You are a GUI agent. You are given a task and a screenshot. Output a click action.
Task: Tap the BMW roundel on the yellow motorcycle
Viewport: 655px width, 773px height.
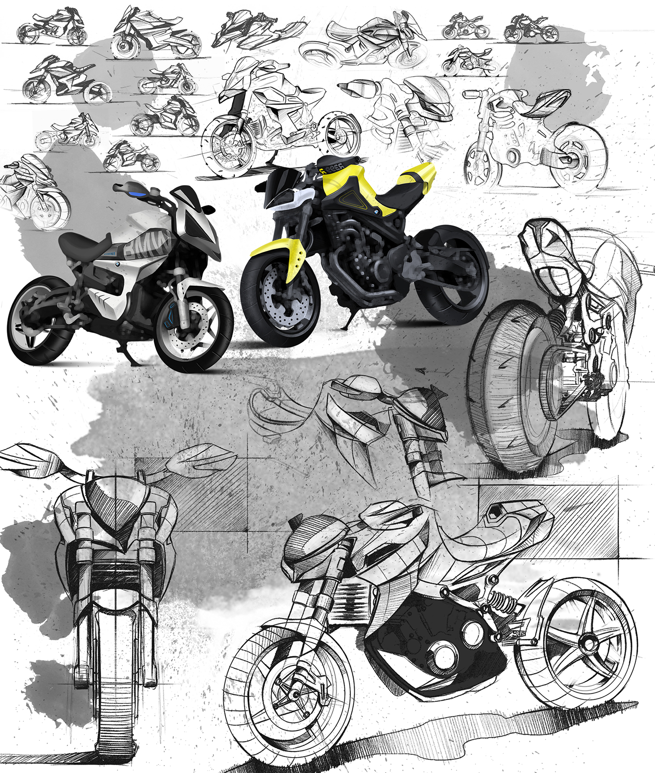[375, 213]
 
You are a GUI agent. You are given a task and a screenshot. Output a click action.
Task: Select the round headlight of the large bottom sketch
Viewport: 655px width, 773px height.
[313, 538]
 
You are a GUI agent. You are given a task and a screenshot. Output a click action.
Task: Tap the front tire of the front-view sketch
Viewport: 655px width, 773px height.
[115, 692]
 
